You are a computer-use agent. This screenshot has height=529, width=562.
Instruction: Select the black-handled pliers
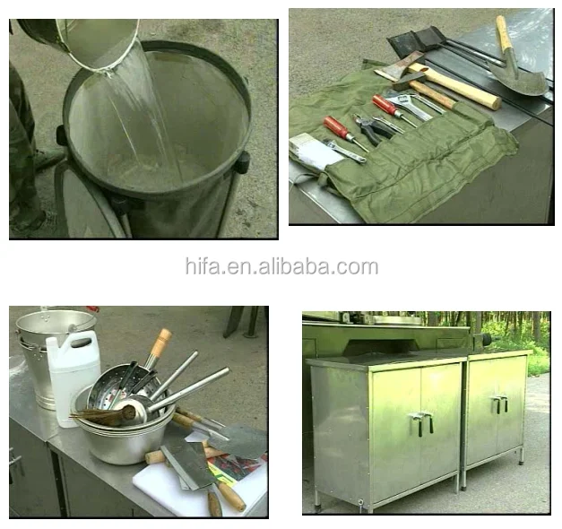coord(373,128)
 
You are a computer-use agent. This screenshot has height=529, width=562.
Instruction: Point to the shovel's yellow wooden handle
coord(504,33)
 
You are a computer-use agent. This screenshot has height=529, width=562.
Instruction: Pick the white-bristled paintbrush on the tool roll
coord(313,151)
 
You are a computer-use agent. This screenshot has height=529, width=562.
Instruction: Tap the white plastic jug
coord(73,377)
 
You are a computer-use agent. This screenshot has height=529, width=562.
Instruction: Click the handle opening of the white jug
coord(81,343)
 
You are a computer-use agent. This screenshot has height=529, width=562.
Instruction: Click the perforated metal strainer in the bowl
coord(118,384)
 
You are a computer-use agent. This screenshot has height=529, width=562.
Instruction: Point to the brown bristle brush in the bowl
coord(103,415)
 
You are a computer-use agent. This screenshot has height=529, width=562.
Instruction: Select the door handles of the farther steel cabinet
coord(499,403)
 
